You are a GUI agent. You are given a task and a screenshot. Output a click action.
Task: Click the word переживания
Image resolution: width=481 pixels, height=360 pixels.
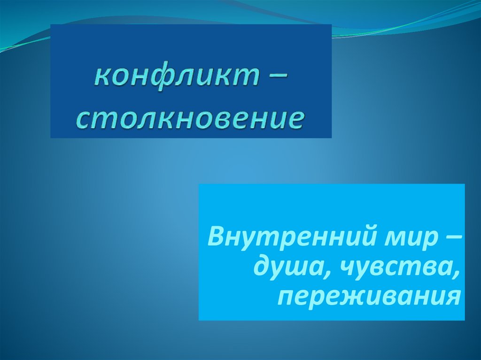(367, 296)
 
